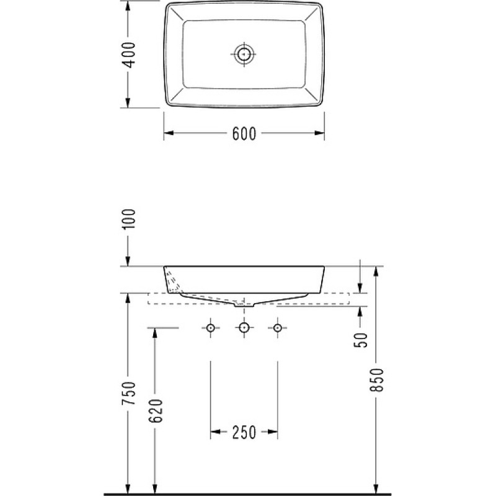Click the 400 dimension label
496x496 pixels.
[129, 55]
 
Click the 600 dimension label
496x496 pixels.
[244, 133]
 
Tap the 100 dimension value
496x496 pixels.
[129, 219]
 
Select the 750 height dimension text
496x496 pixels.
[129, 393]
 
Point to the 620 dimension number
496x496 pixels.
[156, 410]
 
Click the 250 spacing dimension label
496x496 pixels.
[244, 432]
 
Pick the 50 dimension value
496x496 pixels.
[361, 340]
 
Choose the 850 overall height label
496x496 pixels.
[377, 380]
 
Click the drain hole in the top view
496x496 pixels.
[244, 54]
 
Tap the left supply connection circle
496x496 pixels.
[211, 328]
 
